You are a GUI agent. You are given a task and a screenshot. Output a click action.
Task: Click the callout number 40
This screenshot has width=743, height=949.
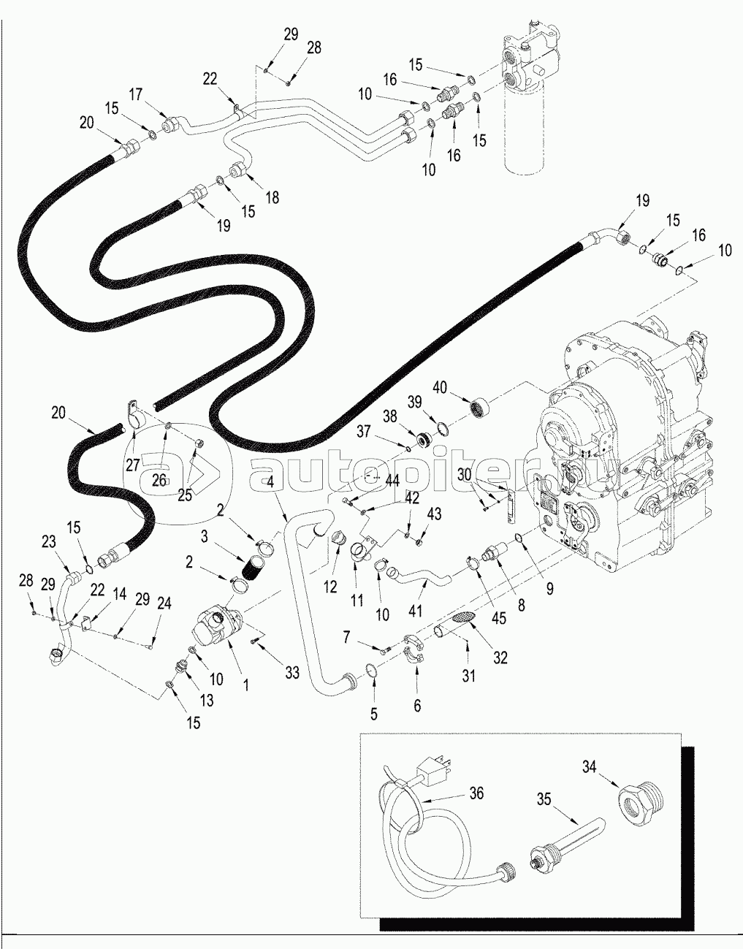[440, 386]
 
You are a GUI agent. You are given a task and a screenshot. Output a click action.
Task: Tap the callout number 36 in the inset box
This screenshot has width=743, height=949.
[476, 794]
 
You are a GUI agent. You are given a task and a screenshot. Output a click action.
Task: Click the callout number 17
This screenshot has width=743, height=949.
[136, 94]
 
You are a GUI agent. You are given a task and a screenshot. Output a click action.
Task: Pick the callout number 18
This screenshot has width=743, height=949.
[272, 197]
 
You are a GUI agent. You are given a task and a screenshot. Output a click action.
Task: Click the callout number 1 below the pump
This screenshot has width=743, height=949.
[246, 685]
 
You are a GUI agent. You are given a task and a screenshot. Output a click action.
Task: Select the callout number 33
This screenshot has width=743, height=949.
[292, 673]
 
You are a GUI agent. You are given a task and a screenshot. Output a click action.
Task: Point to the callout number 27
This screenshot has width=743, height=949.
[132, 465]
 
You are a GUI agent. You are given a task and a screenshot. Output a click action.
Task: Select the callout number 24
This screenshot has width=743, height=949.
[164, 603]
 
